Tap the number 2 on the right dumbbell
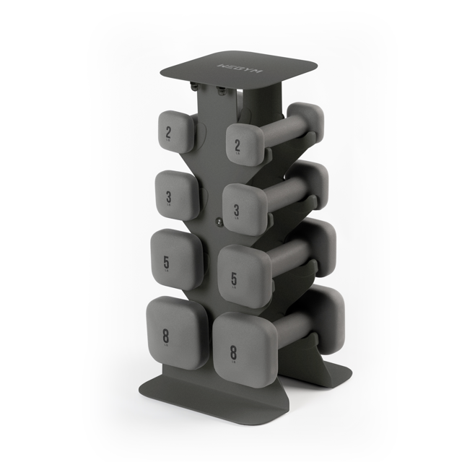pos(237,146)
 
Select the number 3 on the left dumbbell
pos(168,196)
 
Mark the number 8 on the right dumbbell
pos(233,352)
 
